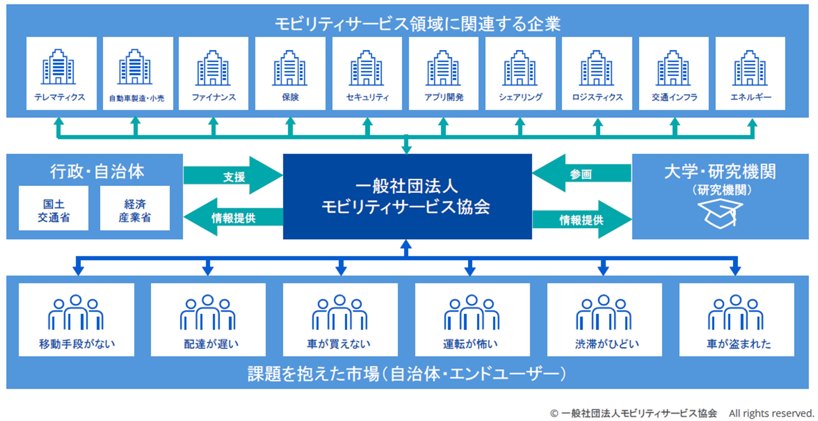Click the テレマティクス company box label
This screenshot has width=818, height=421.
60,97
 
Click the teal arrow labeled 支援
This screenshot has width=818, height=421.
233,175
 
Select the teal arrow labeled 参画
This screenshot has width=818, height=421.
581,174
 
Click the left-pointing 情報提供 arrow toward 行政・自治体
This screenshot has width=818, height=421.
233,217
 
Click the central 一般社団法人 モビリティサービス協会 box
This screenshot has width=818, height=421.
407,196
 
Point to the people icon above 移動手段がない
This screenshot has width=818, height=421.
76,313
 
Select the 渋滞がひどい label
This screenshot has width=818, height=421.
607,344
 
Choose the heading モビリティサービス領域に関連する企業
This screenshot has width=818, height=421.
418,24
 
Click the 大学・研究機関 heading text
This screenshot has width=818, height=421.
720,172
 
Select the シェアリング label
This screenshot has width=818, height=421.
520,97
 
